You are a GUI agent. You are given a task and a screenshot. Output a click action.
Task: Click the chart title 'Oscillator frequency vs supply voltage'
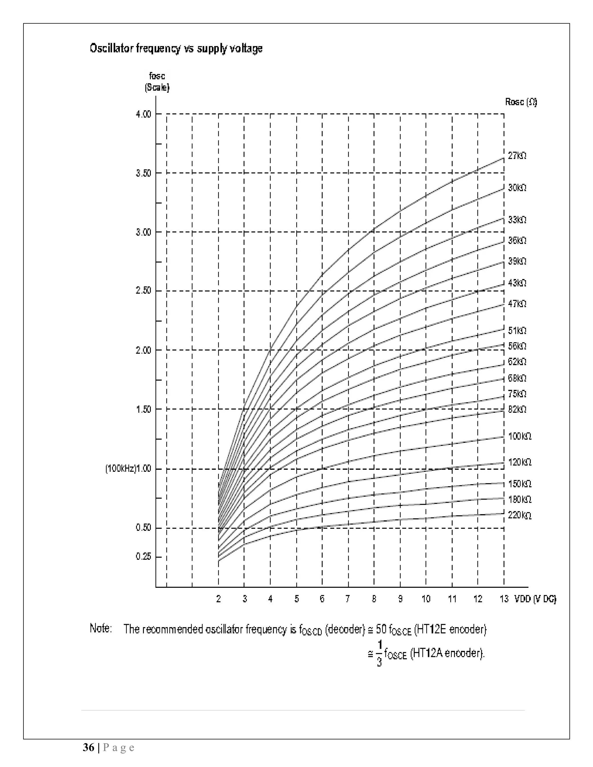[x=176, y=48]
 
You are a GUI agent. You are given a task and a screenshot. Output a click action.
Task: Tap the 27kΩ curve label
[x=517, y=156]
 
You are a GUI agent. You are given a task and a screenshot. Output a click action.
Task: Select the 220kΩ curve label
[x=519, y=515]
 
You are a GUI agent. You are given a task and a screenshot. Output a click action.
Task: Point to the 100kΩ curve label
[x=519, y=436]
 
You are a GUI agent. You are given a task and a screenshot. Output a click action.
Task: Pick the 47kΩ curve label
[x=517, y=304]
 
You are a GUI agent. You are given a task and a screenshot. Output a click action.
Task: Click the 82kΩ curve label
[x=517, y=410]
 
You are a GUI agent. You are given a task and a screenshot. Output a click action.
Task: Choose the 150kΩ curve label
[x=519, y=484]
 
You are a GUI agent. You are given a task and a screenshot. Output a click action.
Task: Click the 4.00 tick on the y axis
[x=143, y=114]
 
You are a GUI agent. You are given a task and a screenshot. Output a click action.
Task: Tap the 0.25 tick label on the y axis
[x=143, y=557]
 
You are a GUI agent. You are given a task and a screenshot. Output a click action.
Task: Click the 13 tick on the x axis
[x=504, y=599]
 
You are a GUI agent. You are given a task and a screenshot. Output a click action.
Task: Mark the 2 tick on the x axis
[x=219, y=599]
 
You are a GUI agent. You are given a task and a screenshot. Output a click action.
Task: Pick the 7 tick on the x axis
[x=348, y=599]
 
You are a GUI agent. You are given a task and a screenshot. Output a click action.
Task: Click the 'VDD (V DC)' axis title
[x=535, y=599]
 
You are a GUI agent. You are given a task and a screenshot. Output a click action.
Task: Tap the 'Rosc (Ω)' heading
[x=521, y=102]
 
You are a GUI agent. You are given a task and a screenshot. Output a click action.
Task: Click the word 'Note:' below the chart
[x=101, y=628]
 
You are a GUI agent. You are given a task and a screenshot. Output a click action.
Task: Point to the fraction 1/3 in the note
[x=379, y=654]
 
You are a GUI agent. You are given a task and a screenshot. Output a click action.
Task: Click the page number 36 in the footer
[x=89, y=748]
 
